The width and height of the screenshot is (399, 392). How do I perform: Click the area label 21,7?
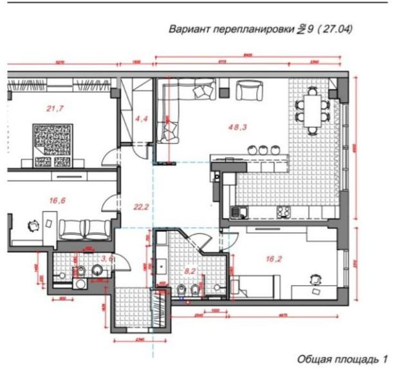coord(55,109)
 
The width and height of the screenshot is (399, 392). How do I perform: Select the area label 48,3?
coord(238,127)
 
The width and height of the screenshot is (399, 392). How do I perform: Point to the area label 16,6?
coord(57,200)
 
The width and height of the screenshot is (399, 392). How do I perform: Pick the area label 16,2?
coord(274,259)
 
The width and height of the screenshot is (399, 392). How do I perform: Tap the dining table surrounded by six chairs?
coord(311,111)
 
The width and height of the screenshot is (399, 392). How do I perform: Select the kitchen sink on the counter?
coord(243,210)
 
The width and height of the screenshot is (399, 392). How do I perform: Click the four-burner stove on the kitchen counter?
coord(284,210)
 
